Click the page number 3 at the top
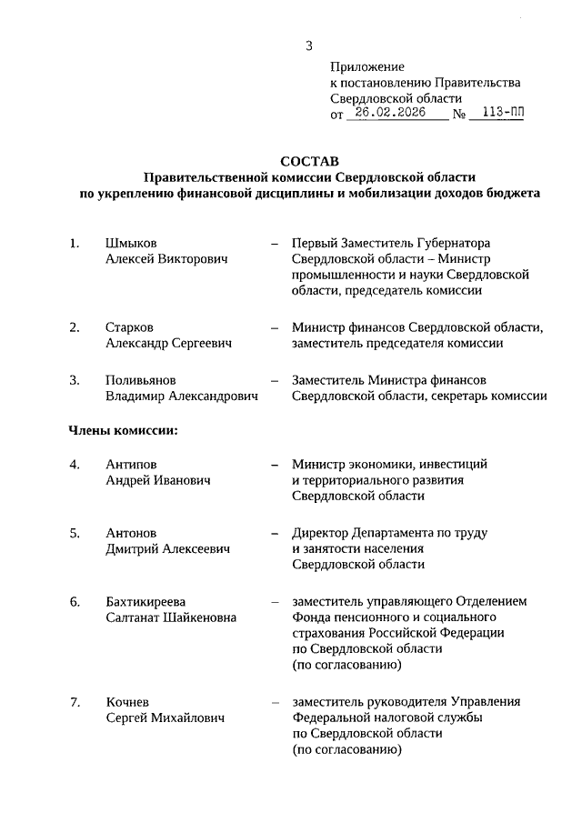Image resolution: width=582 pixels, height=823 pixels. [x=309, y=45]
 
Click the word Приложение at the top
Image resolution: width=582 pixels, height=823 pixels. [x=366, y=66]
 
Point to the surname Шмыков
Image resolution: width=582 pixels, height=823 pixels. [x=131, y=243]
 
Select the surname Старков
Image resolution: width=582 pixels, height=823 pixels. [x=131, y=327]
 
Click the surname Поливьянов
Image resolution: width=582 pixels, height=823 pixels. [x=141, y=379]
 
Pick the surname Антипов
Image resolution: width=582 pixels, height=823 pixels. [x=131, y=464]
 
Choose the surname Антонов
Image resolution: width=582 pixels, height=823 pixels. [x=131, y=532]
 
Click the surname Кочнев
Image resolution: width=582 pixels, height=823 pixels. [x=127, y=702]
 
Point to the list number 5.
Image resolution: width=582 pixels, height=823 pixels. [x=75, y=532]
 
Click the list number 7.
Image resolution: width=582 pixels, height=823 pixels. [x=75, y=702]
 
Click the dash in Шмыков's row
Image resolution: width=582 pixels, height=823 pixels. [x=274, y=244]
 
